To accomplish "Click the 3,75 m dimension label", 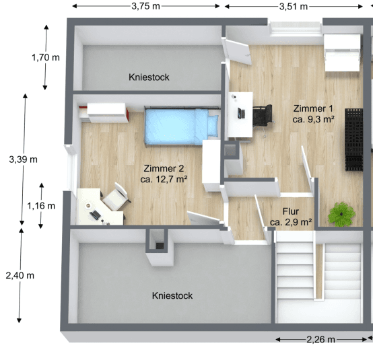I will [146, 6].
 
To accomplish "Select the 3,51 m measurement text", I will [293, 6].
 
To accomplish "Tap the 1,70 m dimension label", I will [44, 57].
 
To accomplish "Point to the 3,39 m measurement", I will [23, 159].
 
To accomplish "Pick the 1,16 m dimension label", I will [40, 205].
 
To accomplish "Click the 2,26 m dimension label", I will [320, 339].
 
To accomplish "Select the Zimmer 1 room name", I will [313, 108].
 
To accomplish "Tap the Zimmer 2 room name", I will [163, 169].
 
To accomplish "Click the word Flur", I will [290, 211].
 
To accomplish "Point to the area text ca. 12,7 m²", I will [164, 180].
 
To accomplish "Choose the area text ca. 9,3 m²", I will [314, 119].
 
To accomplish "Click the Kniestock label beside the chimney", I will [172, 295].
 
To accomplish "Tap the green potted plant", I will [341, 214].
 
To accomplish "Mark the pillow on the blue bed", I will [212, 125].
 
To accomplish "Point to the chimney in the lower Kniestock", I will [158, 240].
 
